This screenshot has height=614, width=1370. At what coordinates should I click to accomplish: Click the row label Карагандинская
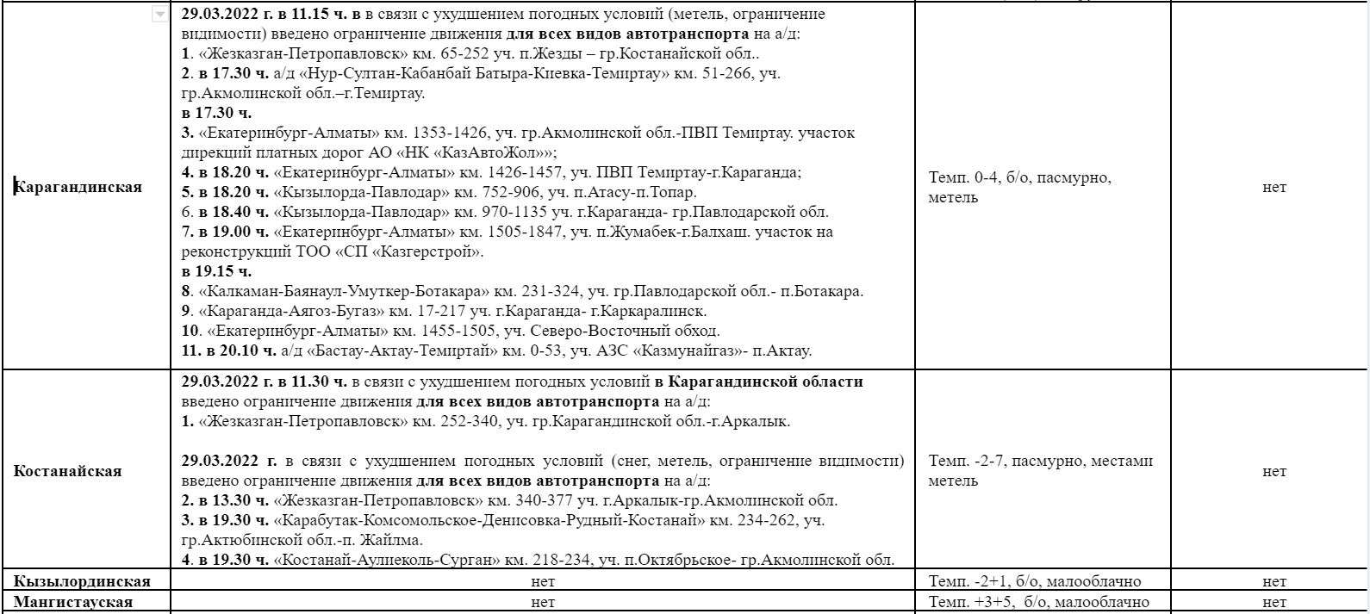pos(78,187)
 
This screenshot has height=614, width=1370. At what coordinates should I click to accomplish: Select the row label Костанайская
pos(67,471)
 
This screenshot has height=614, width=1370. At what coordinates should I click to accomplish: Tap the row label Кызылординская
pos(82,581)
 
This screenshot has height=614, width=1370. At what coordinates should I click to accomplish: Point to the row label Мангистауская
pos(73,602)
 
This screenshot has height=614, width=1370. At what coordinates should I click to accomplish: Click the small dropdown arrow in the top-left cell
pos(159,15)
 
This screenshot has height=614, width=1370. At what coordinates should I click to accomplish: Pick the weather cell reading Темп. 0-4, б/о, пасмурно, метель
pos(1020,188)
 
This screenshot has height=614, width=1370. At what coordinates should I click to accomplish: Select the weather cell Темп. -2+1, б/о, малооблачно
pos(1035,581)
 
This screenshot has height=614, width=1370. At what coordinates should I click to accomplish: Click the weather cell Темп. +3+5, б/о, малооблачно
pos(1038,602)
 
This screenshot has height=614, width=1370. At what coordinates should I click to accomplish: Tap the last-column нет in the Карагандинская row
pos(1273,187)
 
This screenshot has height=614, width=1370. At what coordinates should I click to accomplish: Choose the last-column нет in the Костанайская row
pos(1273,471)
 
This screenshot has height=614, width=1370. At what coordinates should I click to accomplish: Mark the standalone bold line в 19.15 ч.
pos(216,271)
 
